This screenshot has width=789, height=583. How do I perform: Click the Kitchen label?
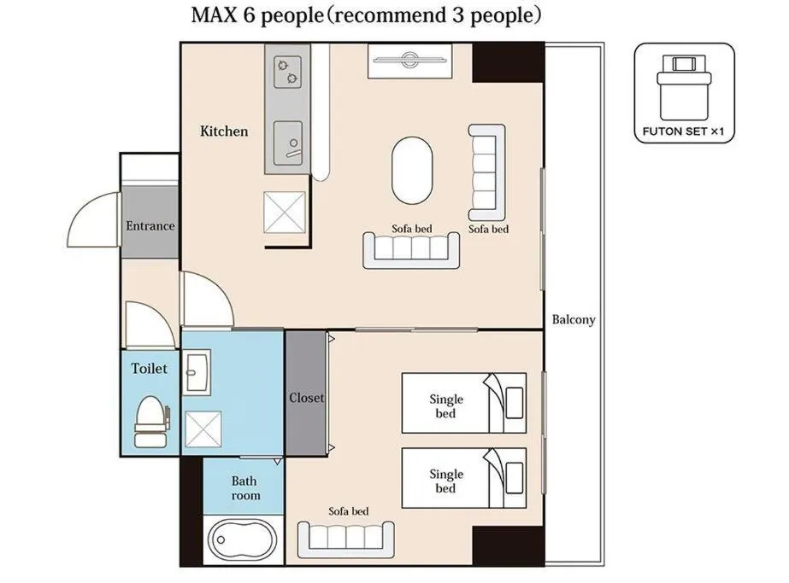coord(224,131)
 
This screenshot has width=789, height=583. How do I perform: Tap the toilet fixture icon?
coord(151,422)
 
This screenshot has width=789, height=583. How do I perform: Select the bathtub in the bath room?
coord(243,540)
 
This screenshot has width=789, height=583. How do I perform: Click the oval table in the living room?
coord(412,170)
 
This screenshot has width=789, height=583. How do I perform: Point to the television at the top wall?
coord(409,61)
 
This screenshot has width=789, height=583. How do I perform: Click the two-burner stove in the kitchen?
coord(288,72)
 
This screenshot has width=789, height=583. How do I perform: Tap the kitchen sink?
coord(288,143)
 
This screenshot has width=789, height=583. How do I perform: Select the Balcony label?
coord(573,319)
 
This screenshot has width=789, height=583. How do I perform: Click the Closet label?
coord(306,398)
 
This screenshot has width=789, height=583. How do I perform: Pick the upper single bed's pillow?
coord(515,403)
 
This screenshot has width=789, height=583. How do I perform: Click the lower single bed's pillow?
coord(515,478)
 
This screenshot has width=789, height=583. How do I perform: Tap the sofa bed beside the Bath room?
coord(346,539)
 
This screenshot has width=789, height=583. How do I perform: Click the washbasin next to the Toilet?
coord(197,373)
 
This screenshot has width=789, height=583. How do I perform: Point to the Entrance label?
coord(150,226)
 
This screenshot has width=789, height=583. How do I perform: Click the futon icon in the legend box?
coord(684,86)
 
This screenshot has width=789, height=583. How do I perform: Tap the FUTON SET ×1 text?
coord(683,131)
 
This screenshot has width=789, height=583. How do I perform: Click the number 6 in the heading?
coord(249,15)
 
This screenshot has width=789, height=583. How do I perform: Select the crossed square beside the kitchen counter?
coord(285,213)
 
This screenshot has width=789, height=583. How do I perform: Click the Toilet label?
coord(149,369)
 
